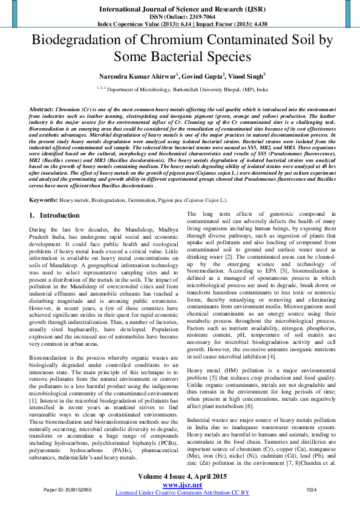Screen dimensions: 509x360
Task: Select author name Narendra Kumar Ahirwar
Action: pyautogui.click(x=128, y=77)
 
